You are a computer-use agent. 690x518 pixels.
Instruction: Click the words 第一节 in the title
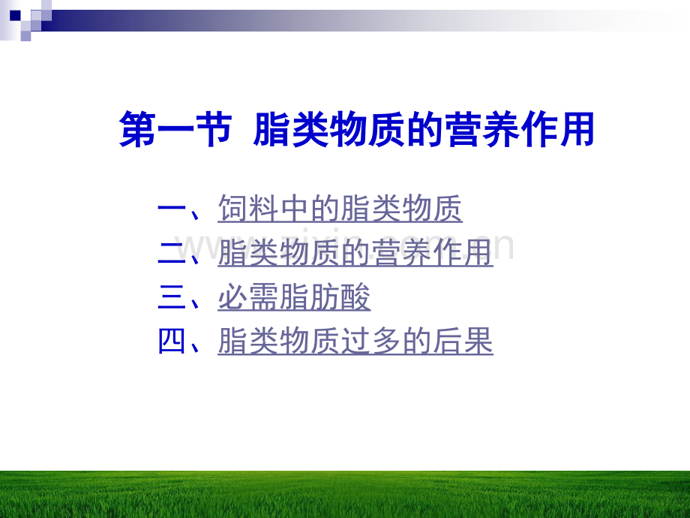click(x=175, y=129)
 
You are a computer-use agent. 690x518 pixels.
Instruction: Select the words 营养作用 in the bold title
click(x=520, y=129)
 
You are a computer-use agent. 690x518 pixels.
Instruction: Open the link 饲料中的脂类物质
click(x=340, y=209)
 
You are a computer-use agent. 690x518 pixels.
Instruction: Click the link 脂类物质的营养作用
click(x=355, y=253)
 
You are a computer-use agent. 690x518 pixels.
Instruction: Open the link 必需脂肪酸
click(x=294, y=297)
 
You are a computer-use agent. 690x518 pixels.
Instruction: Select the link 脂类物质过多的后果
click(x=355, y=341)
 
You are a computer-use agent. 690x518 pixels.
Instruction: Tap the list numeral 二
click(x=172, y=253)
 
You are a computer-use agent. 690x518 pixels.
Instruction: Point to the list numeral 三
click(x=172, y=297)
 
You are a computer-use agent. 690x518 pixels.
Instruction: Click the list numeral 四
click(x=172, y=341)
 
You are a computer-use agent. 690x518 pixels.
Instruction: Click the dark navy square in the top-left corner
click(x=15, y=16)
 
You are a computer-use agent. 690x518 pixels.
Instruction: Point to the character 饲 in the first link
click(x=232, y=209)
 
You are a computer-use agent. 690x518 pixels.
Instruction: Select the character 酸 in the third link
click(x=355, y=297)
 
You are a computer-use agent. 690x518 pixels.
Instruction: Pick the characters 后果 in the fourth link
click(x=463, y=341)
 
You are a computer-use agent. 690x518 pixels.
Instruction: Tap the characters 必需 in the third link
click(x=248, y=297)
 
